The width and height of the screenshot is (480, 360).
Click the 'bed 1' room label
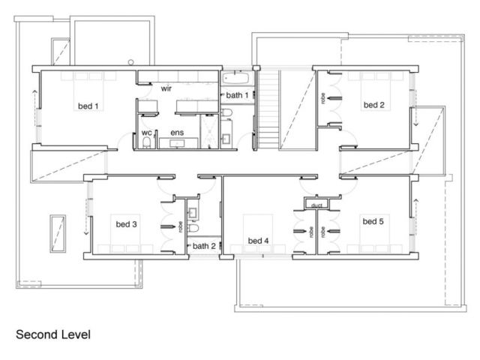pos(88,106)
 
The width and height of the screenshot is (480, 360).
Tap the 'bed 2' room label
pos(373,105)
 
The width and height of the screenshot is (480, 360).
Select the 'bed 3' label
pos(126,224)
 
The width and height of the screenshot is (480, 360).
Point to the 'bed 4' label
pos(258,241)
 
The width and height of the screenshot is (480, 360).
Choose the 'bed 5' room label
pos(373,221)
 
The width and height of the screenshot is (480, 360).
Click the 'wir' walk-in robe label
pos(166,88)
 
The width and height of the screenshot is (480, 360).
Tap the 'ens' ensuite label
pos(177,133)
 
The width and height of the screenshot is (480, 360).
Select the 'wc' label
pos(147,133)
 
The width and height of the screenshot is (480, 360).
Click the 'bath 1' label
pos(237,95)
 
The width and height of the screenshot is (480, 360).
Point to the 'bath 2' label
pos(204,246)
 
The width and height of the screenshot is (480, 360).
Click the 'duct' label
pos(316,205)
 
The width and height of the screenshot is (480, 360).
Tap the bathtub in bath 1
pos(235,78)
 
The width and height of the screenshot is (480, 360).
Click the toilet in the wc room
pos(147,142)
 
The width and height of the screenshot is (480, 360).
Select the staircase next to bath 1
pos(268,110)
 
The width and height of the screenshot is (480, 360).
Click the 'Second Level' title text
pos(53,334)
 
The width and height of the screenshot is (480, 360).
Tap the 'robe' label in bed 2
pos(322,98)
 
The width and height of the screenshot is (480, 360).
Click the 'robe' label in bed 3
pos(181,226)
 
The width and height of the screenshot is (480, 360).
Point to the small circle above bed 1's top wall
pos(131,62)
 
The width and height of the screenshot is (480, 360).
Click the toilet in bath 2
pos(193,228)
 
